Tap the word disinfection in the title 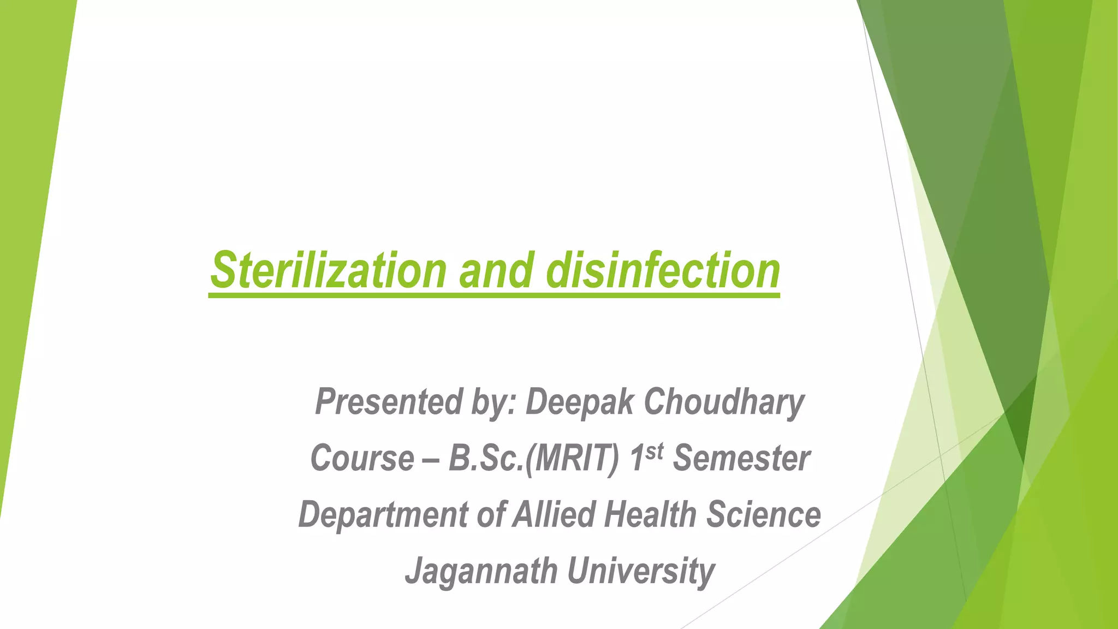pos(663,270)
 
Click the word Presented pos(389,402)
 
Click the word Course pos(362,459)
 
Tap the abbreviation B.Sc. pos(485,459)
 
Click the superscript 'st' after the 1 pos(654,451)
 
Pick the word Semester pos(741,459)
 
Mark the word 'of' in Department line pos(490,514)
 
